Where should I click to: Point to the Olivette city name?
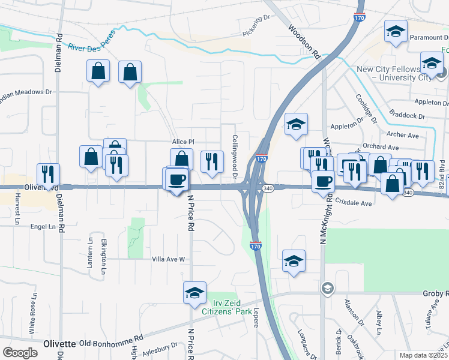[59, 344]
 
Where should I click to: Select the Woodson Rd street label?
[303, 41]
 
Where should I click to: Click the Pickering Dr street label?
[257, 26]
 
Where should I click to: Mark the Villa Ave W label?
[170, 259]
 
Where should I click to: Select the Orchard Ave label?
[381, 147]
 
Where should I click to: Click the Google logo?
[20, 353]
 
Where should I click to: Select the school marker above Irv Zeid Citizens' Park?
[194, 293]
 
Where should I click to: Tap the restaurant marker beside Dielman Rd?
[48, 174]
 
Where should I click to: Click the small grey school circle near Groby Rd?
[327, 288]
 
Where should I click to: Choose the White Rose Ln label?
[32, 314]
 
